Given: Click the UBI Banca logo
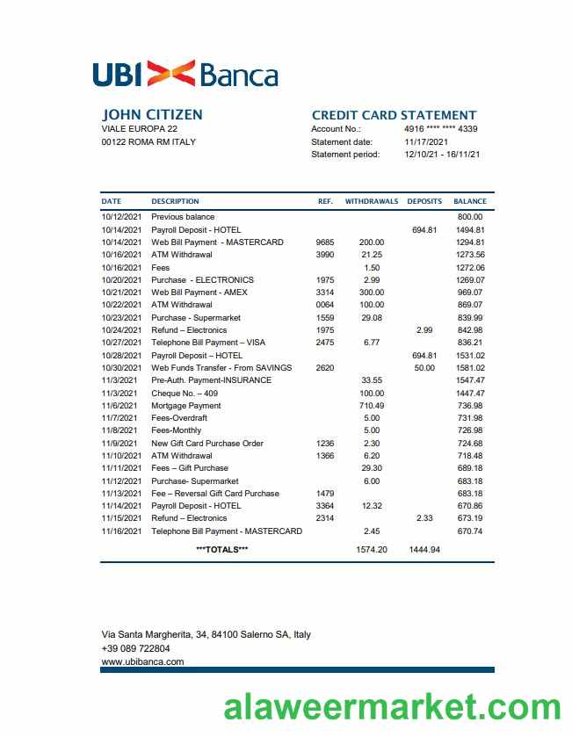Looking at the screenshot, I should click(x=185, y=74).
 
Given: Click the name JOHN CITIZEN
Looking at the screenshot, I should click(x=152, y=115).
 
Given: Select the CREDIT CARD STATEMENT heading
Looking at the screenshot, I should click(x=394, y=115).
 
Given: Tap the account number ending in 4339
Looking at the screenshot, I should click(x=440, y=129).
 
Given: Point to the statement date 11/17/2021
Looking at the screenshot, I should click(x=426, y=141).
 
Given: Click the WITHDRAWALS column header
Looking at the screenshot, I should click(x=372, y=201).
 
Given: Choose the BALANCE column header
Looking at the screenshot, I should click(x=469, y=201).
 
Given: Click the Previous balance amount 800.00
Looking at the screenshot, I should click(x=470, y=217).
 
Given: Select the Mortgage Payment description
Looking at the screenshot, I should click(x=186, y=406).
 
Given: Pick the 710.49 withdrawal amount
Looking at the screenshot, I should click(x=372, y=406).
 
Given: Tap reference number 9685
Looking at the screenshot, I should click(x=324, y=242).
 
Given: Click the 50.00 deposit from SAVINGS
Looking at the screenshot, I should click(x=424, y=368).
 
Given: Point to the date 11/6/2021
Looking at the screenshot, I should click(x=119, y=406).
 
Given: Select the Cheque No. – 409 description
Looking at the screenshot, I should click(x=185, y=394).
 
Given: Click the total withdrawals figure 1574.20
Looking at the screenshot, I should click(x=372, y=549).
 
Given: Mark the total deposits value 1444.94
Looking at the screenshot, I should click(x=424, y=549).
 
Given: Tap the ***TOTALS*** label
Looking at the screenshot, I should click(x=221, y=549).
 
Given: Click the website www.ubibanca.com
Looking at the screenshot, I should click(x=142, y=661).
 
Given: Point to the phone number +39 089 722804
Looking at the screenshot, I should click(x=135, y=648).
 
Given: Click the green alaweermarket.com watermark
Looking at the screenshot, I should click(x=392, y=708).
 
